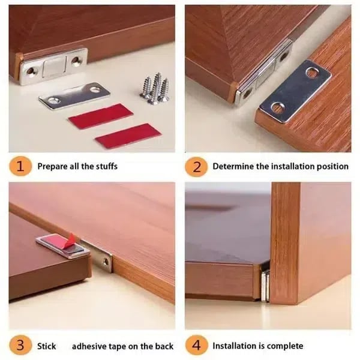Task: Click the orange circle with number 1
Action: click(x=21, y=166)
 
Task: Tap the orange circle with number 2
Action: click(x=196, y=166)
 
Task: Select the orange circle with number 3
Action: click(x=21, y=346)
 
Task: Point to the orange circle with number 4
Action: click(x=196, y=346)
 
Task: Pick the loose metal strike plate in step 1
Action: click(x=75, y=96)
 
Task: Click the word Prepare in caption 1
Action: click(x=53, y=166)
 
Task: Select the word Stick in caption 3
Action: click(x=46, y=346)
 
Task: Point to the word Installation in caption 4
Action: click(x=238, y=346)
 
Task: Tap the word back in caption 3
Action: click(x=163, y=346)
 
